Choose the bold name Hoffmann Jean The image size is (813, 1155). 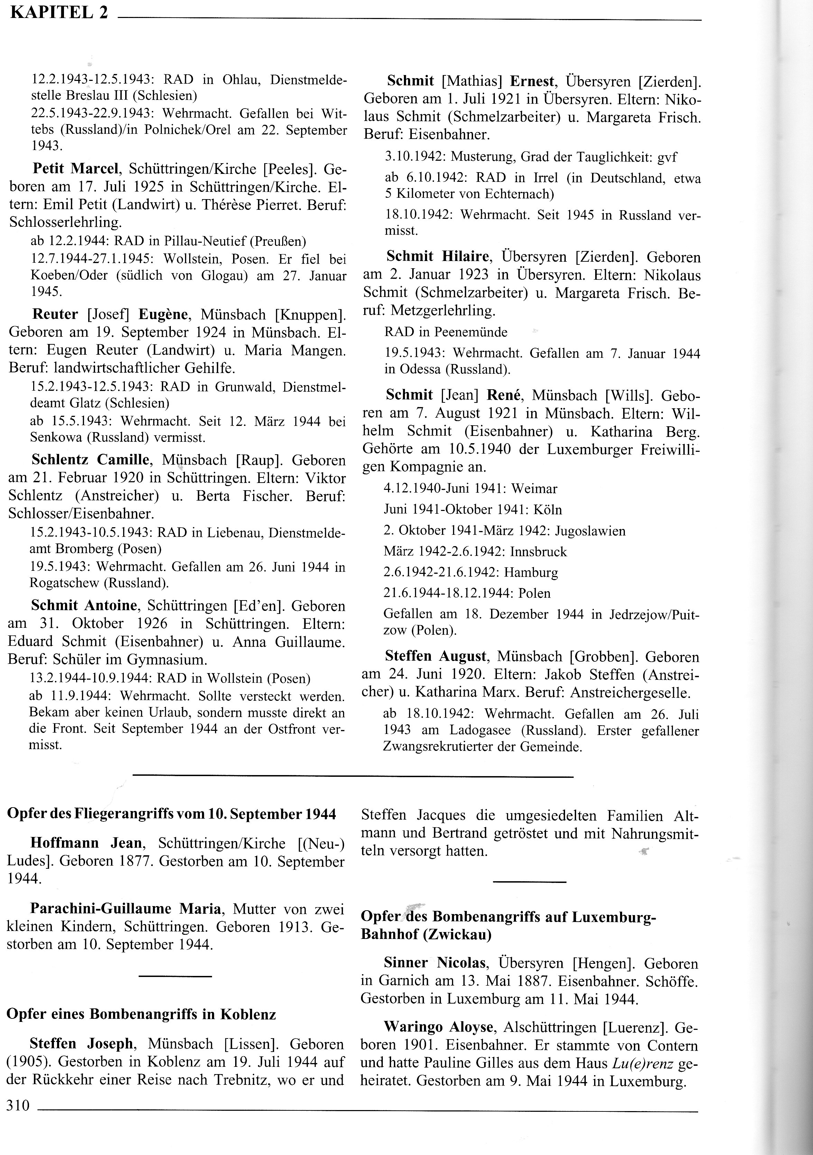[87, 843]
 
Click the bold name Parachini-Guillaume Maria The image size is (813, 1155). [125, 909]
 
